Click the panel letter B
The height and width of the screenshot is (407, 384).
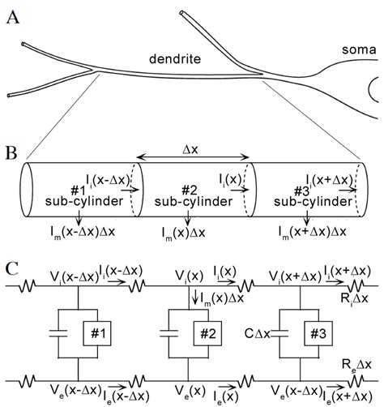[x=11, y=152]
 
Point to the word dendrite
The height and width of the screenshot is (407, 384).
[x=173, y=58]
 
